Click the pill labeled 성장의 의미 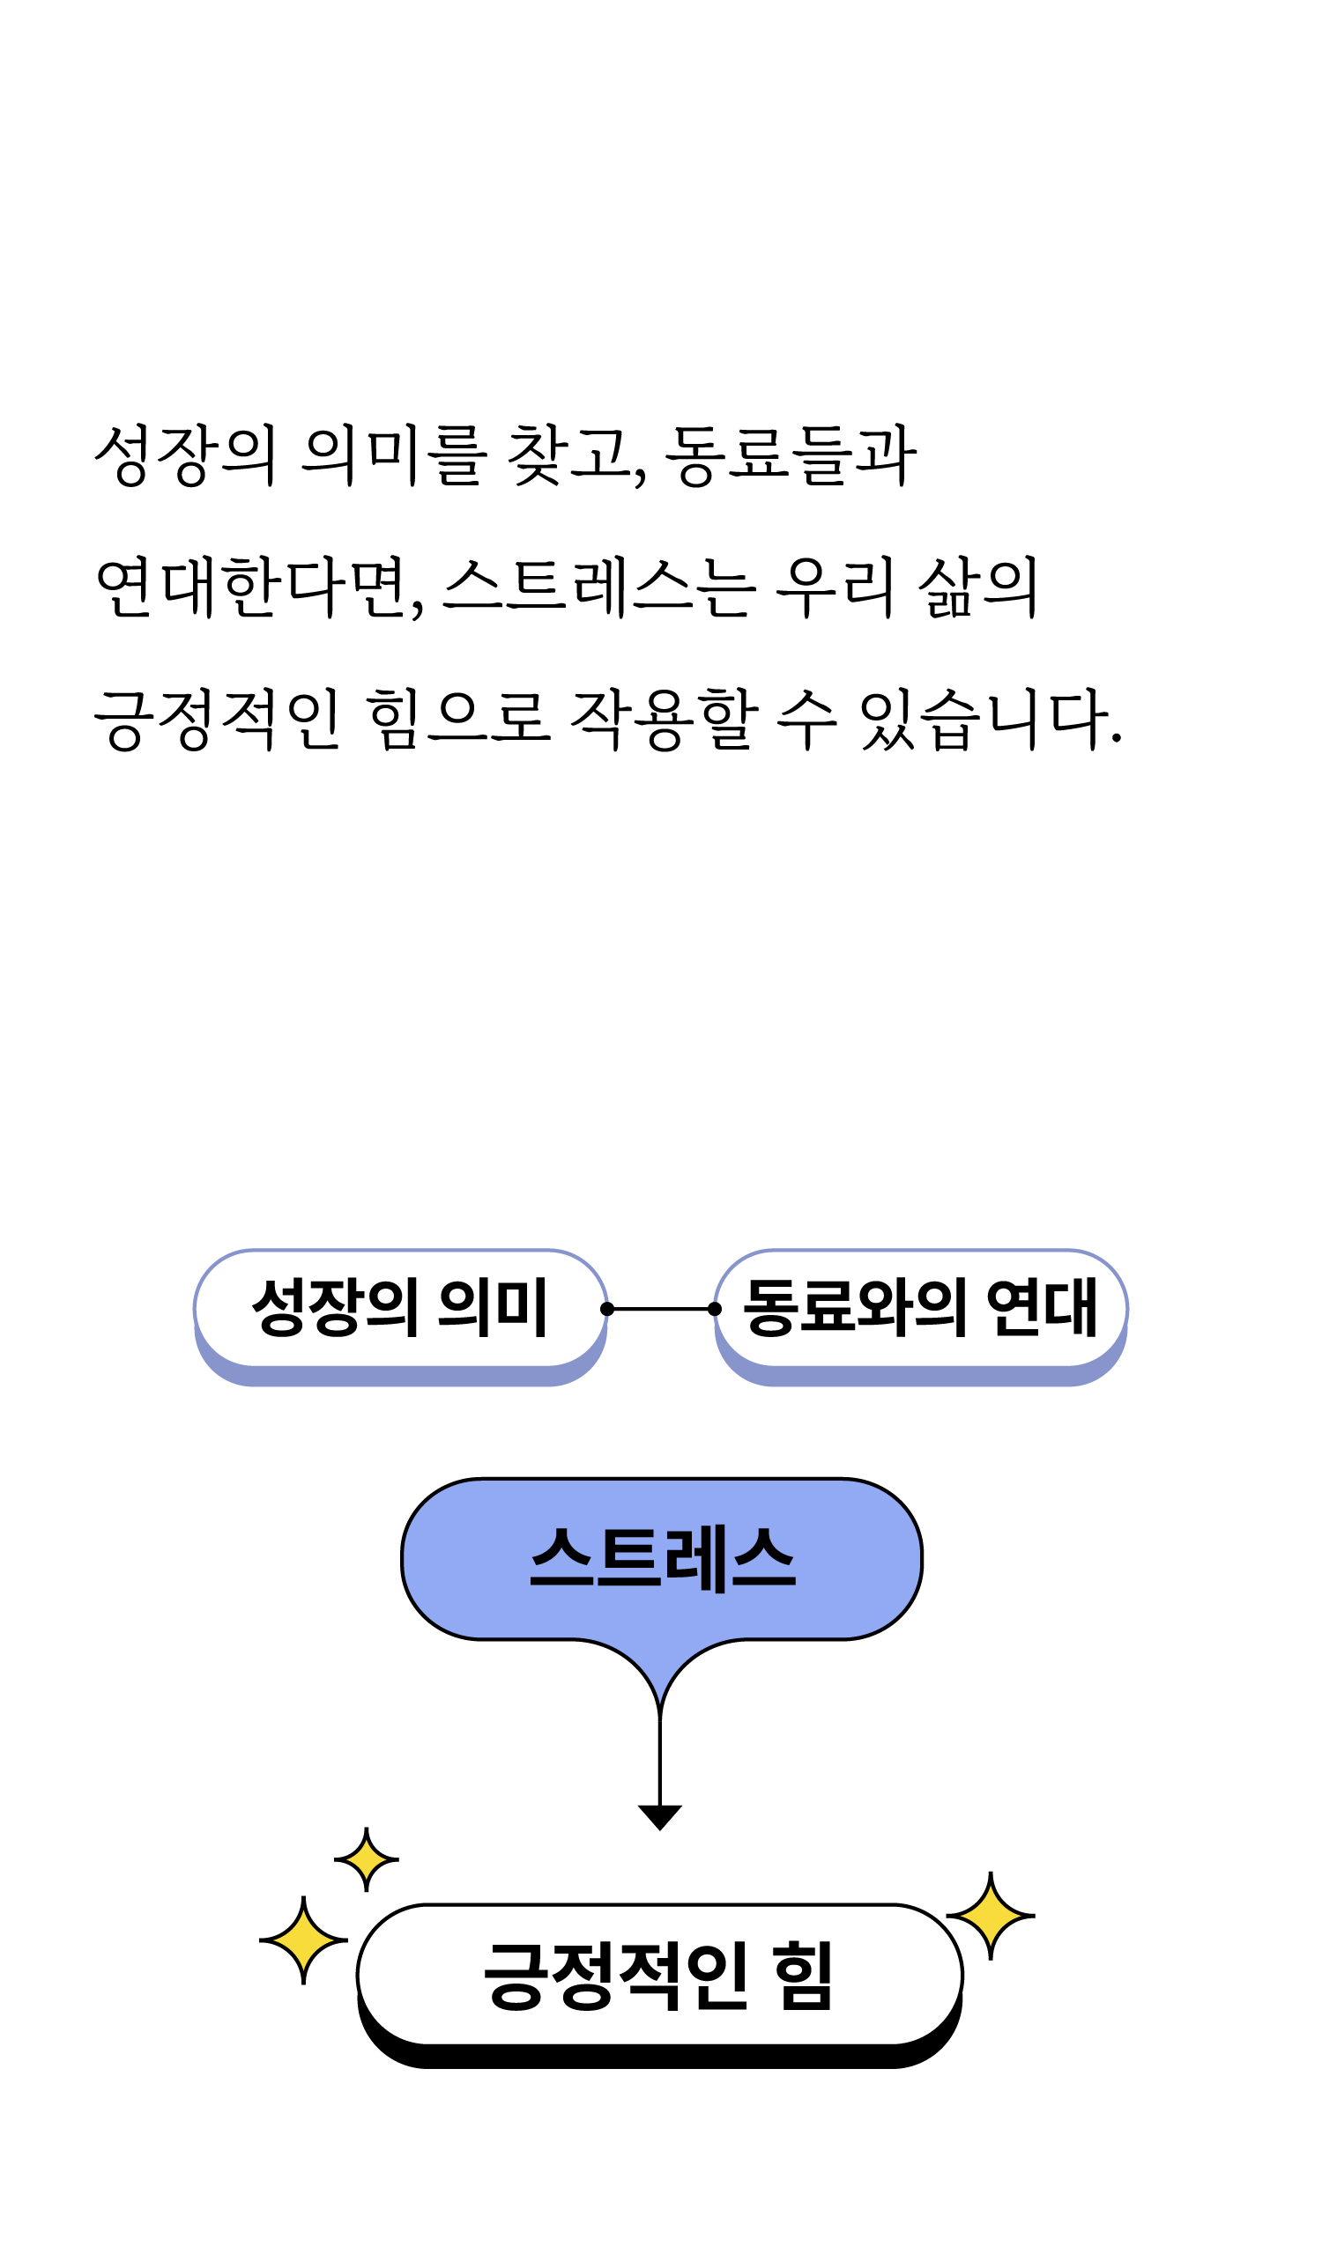point(400,1308)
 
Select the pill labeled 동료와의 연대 point(920,1308)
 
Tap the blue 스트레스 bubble point(662,1558)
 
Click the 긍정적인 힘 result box point(659,1975)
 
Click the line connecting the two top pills point(660,1309)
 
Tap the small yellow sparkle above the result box point(366,1860)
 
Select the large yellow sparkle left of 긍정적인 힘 point(303,1940)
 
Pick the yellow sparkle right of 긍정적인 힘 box point(990,1916)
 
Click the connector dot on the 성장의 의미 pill point(607,1309)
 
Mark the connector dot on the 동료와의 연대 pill point(715,1309)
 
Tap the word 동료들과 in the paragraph point(791,454)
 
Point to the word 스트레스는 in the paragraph point(599,587)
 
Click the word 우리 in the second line point(835,587)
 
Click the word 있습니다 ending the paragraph point(987,719)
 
